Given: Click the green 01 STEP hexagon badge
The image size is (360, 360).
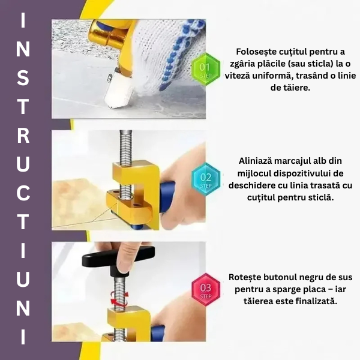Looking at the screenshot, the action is (206, 69).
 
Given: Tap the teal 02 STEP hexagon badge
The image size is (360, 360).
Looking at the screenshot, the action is (206, 179).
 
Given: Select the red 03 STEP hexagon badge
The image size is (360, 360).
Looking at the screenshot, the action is (206, 290).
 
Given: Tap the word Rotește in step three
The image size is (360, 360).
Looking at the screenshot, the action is (245, 277).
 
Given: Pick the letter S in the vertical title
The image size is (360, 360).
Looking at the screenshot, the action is (23, 77).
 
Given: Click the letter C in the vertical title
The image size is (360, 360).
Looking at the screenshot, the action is (23, 193).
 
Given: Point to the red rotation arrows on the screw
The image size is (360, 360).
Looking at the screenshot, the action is (119, 298).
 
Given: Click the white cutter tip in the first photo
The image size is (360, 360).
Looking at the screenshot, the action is (118, 89).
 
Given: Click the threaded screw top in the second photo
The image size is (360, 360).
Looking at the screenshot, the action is (125, 147).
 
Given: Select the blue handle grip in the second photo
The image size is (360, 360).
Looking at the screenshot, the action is (167, 196).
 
